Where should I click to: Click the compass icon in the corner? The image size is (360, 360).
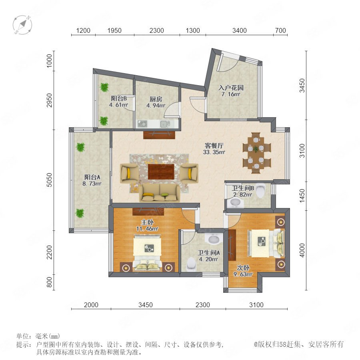22,25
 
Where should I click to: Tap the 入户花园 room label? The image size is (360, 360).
231,88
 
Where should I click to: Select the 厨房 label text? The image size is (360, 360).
156,99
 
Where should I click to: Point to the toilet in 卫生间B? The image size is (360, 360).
260,190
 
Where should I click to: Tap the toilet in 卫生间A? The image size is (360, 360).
191,264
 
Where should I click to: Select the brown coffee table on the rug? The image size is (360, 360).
161,172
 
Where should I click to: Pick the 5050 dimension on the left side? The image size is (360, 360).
49,180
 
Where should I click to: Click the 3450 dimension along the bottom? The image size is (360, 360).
145,305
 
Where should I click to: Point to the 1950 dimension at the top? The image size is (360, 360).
114,30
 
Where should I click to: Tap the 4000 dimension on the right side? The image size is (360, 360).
302,250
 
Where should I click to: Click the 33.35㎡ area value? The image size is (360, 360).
214,152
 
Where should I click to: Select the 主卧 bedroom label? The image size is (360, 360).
147,222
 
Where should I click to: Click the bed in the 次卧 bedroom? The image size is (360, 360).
266,243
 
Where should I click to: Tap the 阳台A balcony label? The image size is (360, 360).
92,177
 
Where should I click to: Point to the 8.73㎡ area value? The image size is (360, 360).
92,184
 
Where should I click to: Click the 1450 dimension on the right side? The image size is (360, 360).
302,196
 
